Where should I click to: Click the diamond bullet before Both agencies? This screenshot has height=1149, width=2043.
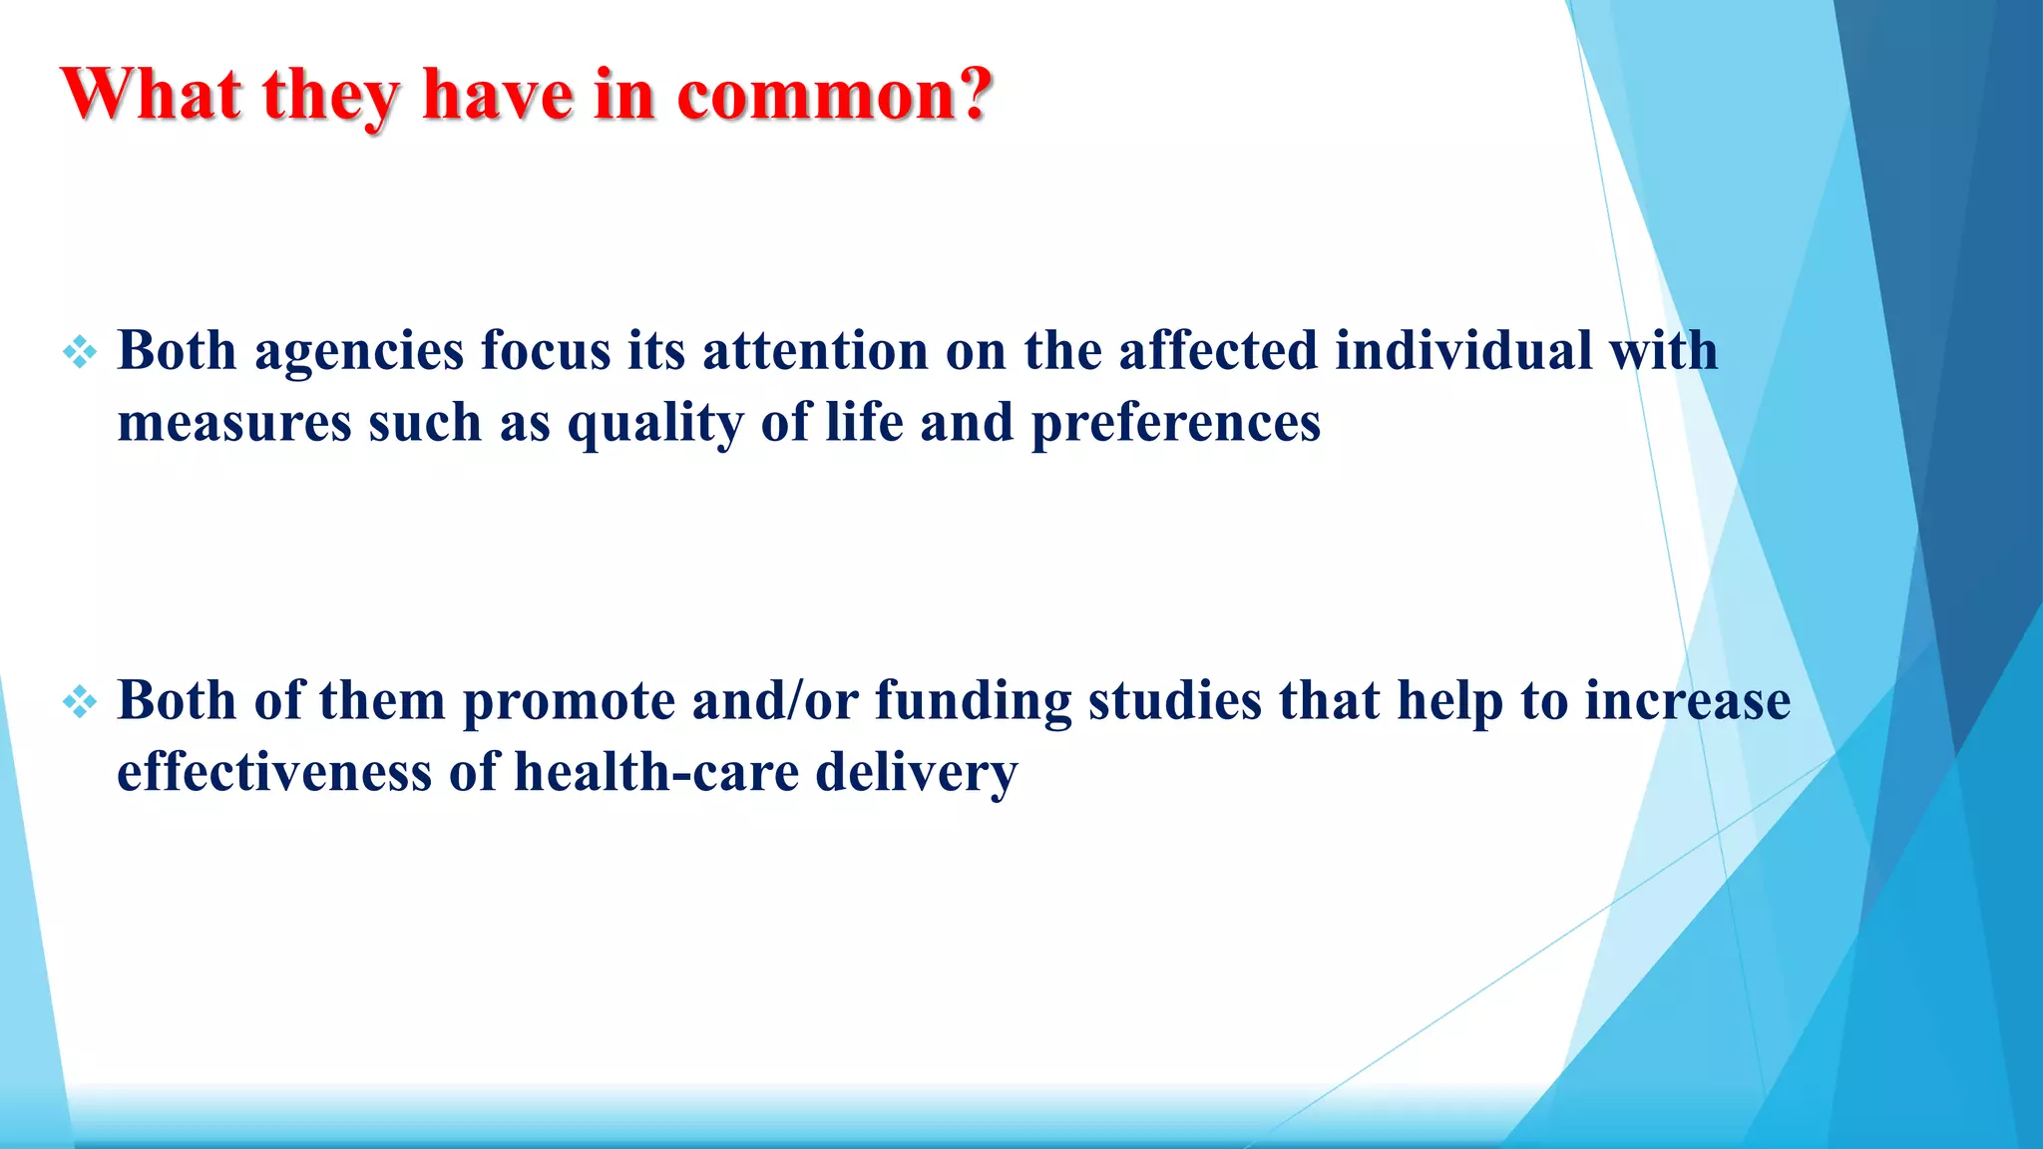[x=80, y=352]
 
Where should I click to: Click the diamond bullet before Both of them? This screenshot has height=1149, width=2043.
[x=80, y=702]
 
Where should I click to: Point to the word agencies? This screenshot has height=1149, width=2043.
[x=359, y=353]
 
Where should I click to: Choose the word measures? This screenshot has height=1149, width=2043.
[x=234, y=423]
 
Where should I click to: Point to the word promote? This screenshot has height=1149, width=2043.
[x=569, y=702]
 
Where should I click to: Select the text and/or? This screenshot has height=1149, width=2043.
[x=775, y=700]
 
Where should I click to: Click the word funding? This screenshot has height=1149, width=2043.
[x=973, y=702]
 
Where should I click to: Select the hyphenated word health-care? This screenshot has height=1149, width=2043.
[x=655, y=772]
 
